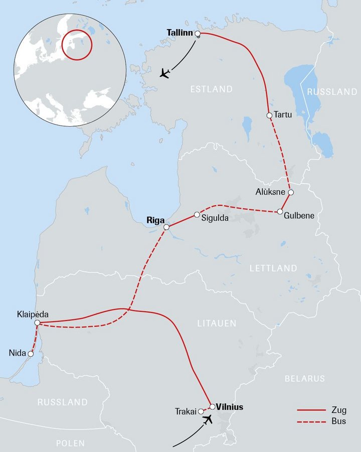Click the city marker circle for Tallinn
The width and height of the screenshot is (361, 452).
tap(198, 34)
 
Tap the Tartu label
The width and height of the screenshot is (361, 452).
tap(283, 115)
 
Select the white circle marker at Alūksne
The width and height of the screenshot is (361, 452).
tap(290, 192)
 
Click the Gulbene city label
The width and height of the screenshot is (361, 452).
tap(299, 215)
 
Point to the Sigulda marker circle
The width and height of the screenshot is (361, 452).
tap(197, 215)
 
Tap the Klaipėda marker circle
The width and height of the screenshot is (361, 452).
tap(37, 323)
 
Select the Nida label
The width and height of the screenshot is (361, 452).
tap(18, 353)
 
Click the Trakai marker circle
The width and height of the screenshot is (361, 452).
tap(201, 412)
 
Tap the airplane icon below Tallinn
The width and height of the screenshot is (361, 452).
tap(164, 74)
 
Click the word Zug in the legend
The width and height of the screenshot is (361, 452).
tap(338, 410)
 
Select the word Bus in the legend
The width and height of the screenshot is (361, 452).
tap(338, 421)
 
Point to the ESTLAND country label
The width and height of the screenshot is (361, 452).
tap(211, 89)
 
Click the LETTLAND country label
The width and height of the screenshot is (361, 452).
tap(273, 268)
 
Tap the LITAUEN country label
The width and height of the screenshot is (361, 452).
tap(216, 323)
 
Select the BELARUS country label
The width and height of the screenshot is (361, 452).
tap(304, 378)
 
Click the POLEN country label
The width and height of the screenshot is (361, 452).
tap(70, 443)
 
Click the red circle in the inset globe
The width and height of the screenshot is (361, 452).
tap(78, 44)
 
